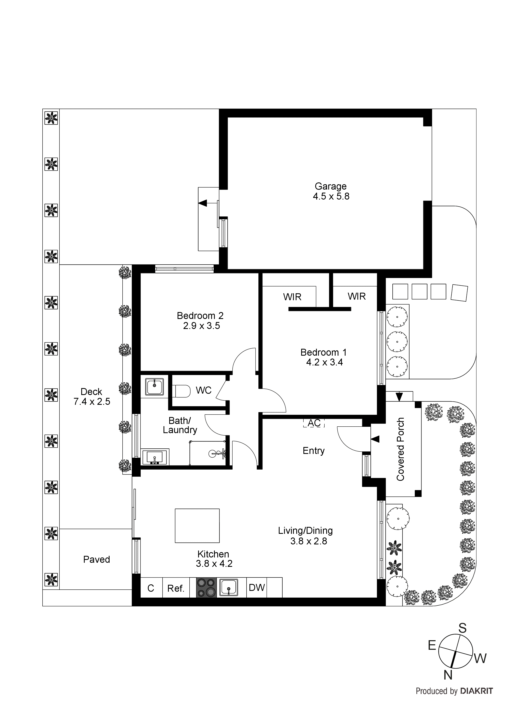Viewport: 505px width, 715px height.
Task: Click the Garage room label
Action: [x=330, y=186]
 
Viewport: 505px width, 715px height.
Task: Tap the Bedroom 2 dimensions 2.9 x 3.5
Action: [x=201, y=326]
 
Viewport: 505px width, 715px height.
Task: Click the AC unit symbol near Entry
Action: [x=314, y=423]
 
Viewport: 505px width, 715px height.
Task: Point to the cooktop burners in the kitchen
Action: [x=206, y=587]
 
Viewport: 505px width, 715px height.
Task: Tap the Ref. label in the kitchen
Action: [x=176, y=588]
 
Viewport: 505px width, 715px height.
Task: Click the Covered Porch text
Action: [x=401, y=449]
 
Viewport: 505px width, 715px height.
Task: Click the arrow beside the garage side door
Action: [x=203, y=203]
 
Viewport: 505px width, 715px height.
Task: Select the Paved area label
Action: [x=97, y=559]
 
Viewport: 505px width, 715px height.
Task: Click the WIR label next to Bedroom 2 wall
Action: [x=292, y=297]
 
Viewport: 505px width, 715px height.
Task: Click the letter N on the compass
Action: [x=448, y=675]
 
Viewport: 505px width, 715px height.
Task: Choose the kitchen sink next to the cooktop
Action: [x=229, y=587]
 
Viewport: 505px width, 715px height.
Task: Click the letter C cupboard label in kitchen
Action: [x=151, y=588]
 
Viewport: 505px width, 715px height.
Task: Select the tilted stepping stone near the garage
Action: [x=459, y=293]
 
